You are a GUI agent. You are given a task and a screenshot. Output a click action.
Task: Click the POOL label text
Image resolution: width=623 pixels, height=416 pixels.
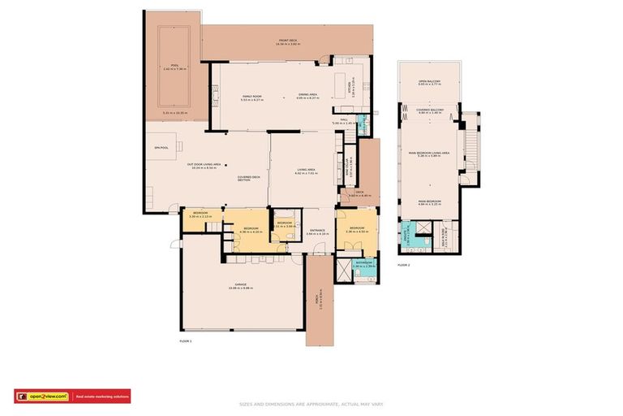click(x=168, y=67)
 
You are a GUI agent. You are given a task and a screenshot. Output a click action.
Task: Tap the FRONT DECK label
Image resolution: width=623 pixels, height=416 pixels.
click(x=288, y=42)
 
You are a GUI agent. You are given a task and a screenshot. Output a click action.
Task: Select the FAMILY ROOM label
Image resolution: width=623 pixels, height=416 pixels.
click(x=252, y=97)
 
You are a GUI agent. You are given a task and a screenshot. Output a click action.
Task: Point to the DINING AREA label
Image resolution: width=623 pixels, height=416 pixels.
click(x=307, y=97)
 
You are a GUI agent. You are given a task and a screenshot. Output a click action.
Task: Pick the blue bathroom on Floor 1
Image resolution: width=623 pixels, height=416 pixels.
click(x=363, y=263)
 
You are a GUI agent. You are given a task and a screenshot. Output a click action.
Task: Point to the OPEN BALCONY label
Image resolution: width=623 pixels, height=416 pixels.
click(x=429, y=82)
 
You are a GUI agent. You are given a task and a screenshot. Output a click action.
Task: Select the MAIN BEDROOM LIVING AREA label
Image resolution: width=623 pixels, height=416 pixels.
click(x=429, y=154)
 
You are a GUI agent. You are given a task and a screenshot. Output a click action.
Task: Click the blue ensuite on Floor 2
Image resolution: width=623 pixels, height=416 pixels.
click(x=422, y=240)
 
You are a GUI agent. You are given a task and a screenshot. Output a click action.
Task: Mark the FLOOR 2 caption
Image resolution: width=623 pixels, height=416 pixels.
click(x=403, y=265)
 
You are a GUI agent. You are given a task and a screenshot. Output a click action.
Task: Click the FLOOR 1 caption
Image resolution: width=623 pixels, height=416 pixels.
click(x=185, y=341)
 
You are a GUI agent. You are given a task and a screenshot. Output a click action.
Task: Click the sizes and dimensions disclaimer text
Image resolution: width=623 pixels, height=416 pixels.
click(x=311, y=404)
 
